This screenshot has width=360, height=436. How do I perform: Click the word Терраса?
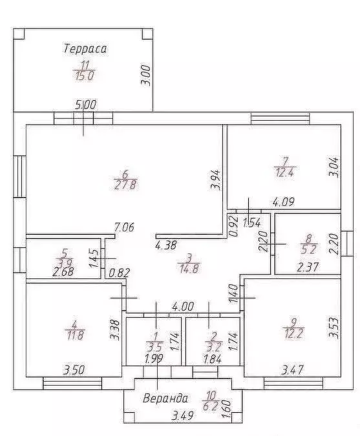pyautogui.click(x=85, y=48)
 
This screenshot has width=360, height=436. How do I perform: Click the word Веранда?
pyautogui.click(x=165, y=399)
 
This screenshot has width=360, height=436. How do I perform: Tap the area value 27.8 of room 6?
pyautogui.click(x=125, y=185)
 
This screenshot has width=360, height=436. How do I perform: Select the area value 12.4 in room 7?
pyautogui.click(x=284, y=172)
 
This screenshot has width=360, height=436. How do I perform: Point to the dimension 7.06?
pyautogui.click(x=124, y=227)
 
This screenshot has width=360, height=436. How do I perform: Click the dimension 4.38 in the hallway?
pyautogui.click(x=166, y=245)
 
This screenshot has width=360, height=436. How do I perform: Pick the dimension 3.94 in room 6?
pyautogui.click(x=216, y=180)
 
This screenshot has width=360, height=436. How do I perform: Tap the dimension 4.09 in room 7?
pyautogui.click(x=284, y=202)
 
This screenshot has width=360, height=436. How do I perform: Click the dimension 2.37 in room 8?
pyautogui.click(x=308, y=267)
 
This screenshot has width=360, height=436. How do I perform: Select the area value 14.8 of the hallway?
pyautogui.click(x=189, y=269)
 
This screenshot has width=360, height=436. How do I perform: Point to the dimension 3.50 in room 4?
pyautogui.click(x=74, y=370)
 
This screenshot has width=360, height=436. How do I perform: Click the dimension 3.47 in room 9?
pyautogui.click(x=292, y=370)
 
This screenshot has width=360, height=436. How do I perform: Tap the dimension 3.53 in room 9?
pyautogui.click(x=334, y=328)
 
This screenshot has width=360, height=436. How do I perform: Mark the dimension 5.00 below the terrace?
pyautogui.click(x=86, y=105)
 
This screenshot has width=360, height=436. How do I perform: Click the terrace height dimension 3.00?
pyautogui.click(x=146, y=76)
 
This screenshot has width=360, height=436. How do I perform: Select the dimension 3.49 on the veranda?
pyautogui.click(x=182, y=416)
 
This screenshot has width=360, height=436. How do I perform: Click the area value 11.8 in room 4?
pyautogui.click(x=74, y=335)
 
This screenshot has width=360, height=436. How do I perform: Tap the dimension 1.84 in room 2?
pyautogui.click(x=213, y=359)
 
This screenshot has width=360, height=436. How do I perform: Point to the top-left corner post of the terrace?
pyautogui.click(x=19, y=34)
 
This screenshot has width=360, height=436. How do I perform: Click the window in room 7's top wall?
pyautogui.click(x=280, y=119)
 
